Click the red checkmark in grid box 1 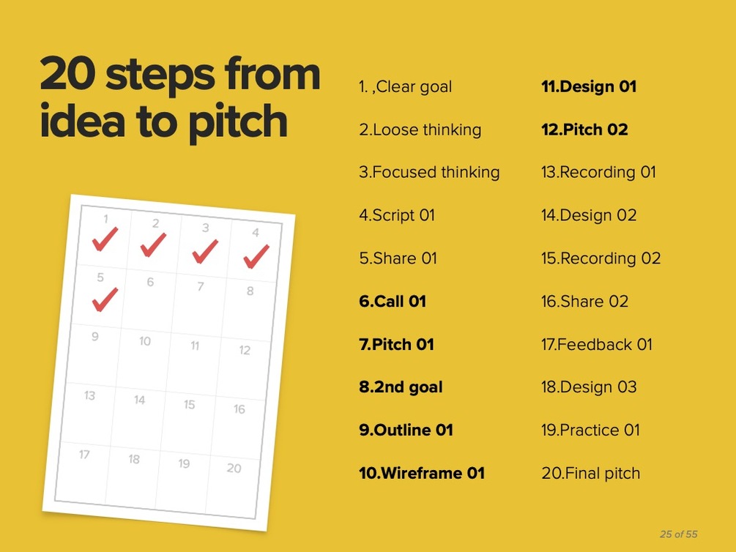coord(105,239)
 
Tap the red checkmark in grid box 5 coord(105,299)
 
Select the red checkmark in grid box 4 coord(256,256)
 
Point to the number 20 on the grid coord(234,468)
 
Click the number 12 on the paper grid coord(245,350)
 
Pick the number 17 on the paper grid coord(84,455)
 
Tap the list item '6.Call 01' coord(393,302)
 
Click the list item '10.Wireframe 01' coord(422,473)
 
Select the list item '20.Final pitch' coord(590,473)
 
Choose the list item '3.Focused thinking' coord(429,172)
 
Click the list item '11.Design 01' coord(589,86)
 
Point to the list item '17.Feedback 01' coord(597,345)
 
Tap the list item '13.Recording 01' coord(598,172)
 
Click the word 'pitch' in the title coord(238,122)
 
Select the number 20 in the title coord(68,73)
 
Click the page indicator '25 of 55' coord(679,534)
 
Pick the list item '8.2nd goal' coord(401,387)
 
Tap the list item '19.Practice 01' coord(590,430)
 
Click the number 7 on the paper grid coord(201,286)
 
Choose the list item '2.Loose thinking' coord(420,130)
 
